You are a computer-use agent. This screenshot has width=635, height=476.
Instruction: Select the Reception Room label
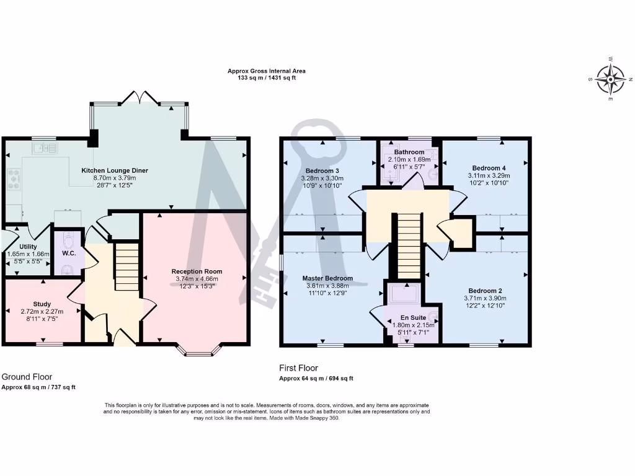tap(197, 271)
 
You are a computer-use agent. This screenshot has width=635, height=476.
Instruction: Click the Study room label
tap(42, 304)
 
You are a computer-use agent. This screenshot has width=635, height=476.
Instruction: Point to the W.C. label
tap(69, 253)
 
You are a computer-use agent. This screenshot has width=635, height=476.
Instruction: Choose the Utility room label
tap(28, 247)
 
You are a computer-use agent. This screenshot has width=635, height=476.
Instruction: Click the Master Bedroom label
tap(327, 278)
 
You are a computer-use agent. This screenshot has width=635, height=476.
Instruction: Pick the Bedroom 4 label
tap(489, 168)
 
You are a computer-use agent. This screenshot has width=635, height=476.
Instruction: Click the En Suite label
tap(413, 317)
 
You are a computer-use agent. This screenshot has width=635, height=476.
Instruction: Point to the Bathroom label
tap(409, 152)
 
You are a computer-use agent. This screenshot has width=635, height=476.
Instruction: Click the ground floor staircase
tap(126, 267)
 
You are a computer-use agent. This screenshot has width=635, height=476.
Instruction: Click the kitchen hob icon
tap(14, 179)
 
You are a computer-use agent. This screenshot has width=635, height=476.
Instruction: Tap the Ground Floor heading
tap(27, 376)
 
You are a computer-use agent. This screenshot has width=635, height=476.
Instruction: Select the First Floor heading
tap(298, 368)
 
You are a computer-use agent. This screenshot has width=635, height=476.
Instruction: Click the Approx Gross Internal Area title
tap(266, 71)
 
